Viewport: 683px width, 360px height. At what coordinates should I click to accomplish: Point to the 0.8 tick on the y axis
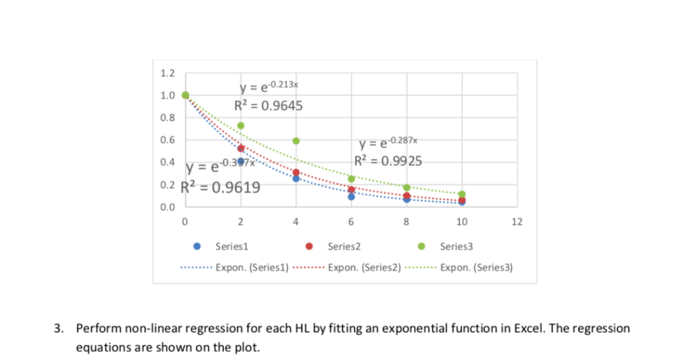(x=169, y=118)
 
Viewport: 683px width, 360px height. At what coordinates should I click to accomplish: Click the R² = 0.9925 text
(x=387, y=160)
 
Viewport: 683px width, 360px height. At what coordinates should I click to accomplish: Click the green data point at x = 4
(x=296, y=141)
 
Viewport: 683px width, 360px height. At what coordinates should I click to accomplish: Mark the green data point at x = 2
(x=241, y=125)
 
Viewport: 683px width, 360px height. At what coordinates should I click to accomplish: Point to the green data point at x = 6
(x=352, y=179)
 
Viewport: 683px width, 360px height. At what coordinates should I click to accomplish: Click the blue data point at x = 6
(x=352, y=197)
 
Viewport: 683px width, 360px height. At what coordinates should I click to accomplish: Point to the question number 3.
(x=59, y=329)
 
